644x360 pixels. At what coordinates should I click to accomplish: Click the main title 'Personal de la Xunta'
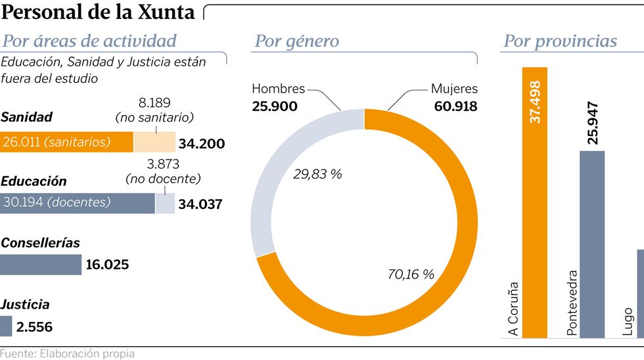(99, 12)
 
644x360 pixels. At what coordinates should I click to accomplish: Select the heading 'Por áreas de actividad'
(90, 41)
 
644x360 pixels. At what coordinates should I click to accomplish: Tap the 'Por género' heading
(296, 41)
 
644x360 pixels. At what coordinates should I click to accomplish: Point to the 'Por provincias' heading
(560, 41)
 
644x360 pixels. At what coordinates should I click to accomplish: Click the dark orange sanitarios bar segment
(66, 142)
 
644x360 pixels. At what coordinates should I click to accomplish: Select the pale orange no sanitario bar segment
(154, 142)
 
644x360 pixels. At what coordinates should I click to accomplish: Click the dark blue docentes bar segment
(78, 203)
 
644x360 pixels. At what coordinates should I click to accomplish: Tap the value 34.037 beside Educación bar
(200, 204)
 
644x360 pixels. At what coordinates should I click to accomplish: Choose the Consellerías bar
(41, 265)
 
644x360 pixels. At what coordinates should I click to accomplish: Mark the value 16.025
(107, 265)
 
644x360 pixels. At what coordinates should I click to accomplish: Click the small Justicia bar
(6, 326)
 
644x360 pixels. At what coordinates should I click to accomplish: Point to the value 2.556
(34, 327)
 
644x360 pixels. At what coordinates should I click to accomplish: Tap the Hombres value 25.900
(275, 106)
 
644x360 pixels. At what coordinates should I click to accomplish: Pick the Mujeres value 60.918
(455, 106)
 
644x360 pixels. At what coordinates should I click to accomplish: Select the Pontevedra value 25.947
(593, 123)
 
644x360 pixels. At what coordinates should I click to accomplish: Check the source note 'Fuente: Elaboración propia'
(67, 353)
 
